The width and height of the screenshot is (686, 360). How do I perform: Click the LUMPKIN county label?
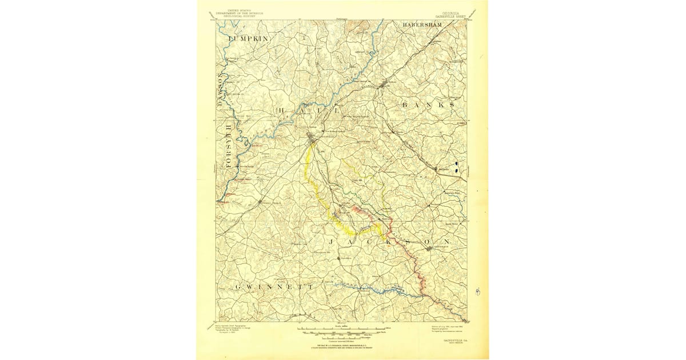tap(248, 38)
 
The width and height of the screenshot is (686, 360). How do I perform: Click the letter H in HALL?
tap(282, 110)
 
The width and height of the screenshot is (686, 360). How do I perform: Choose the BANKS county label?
tap(429, 106)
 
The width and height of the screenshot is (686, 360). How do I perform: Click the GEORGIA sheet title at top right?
tap(449, 11)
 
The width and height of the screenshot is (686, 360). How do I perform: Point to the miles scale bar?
tap(341, 330)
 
